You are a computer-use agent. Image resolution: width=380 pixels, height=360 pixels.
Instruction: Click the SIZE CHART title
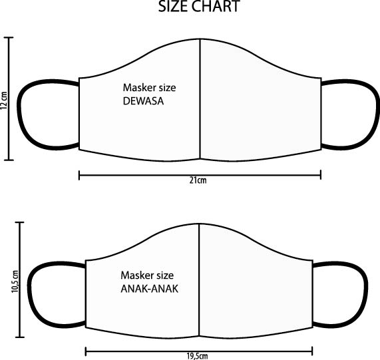coord(199,6)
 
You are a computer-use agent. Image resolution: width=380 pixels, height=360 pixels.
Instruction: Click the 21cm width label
coord(198,180)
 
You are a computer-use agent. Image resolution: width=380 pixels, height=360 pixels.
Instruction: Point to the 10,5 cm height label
coord(15,281)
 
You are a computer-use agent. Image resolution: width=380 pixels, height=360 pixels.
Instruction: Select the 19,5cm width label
coord(197,356)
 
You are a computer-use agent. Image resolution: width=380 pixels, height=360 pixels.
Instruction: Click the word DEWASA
coord(143,101)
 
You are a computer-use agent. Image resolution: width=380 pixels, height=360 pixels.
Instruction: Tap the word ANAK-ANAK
coord(149,289)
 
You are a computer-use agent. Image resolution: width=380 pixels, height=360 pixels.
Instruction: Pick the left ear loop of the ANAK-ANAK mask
coord(29,294)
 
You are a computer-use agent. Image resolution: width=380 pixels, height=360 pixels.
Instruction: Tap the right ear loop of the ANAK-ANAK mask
coord(366,294)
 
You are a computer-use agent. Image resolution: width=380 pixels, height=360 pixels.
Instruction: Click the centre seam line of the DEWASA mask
coord(200,99)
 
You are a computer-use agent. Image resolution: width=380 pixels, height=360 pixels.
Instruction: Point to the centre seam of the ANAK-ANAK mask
coord(199,280)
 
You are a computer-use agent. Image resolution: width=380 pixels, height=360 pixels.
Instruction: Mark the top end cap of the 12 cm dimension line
coord(9,37)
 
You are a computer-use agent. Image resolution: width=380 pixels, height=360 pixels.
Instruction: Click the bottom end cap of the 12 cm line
coord(9,160)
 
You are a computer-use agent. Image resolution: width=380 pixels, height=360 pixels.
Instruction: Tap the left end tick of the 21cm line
coord(79,175)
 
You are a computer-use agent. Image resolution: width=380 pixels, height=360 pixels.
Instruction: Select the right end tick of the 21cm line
coord(321,174)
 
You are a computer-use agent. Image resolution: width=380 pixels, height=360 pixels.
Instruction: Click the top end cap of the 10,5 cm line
coord(19,222)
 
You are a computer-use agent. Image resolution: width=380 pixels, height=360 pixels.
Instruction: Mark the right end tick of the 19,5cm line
coord(312,351)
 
